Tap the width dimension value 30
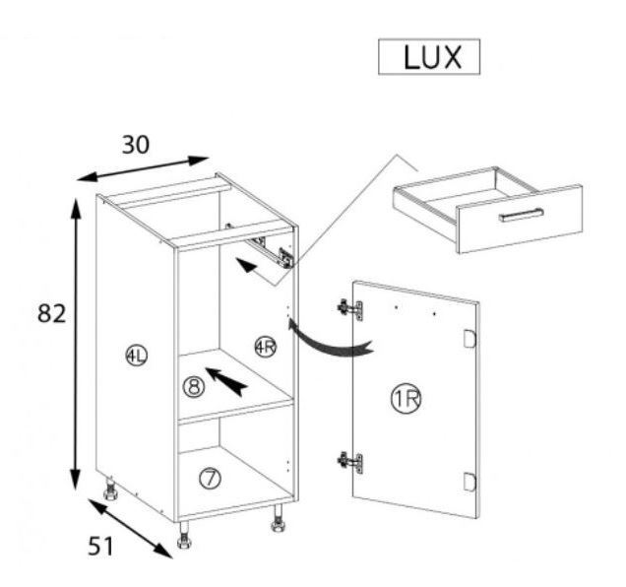[136, 145]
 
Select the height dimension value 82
[51, 313]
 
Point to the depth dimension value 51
[100, 546]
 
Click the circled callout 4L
[136, 356]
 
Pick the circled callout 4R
[266, 347]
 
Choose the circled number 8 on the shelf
[194, 387]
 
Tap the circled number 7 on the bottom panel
[210, 479]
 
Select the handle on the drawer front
[521, 215]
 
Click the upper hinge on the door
[350, 309]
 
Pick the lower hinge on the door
[350, 462]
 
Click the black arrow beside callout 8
[226, 381]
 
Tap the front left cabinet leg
[184, 535]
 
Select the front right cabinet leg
[278, 518]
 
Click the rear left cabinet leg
[110, 489]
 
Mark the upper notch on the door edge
[469, 339]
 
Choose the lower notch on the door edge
[469, 481]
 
